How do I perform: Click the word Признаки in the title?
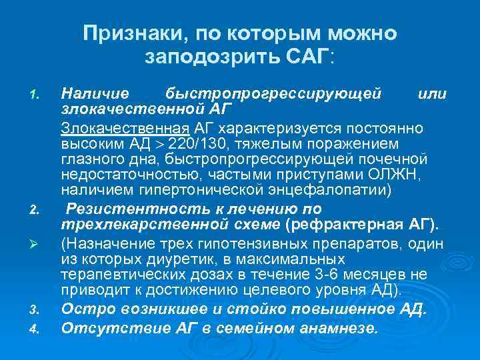[x=122, y=33]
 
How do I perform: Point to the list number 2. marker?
[x=37, y=211]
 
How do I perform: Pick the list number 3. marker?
[x=37, y=309]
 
